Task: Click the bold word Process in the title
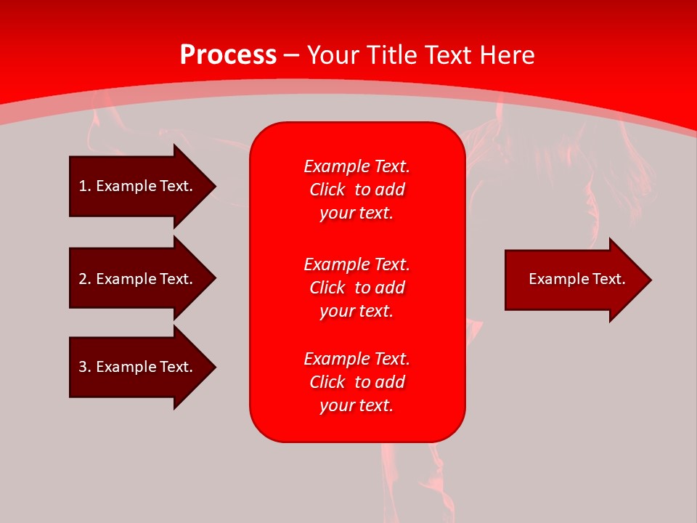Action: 228,55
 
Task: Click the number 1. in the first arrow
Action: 85,186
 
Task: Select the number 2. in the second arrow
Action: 85,279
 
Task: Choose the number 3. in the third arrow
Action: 85,367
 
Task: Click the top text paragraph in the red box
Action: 356,190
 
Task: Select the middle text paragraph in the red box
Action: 356,288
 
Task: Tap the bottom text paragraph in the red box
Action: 356,382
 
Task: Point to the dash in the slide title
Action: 292,56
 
